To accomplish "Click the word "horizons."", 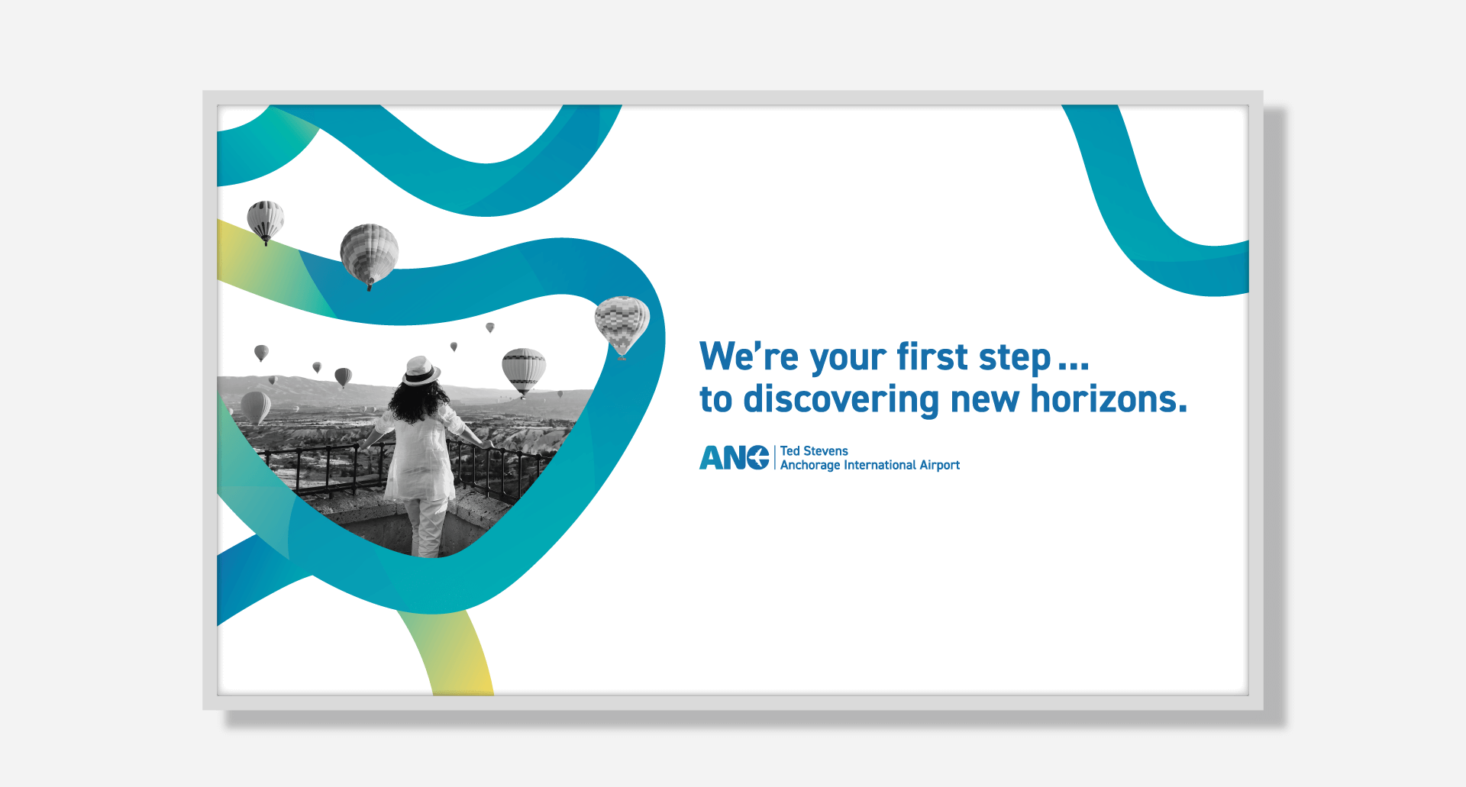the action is tap(1109, 398).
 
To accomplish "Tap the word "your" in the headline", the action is tap(848, 360).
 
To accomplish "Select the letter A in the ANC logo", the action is tap(711, 458).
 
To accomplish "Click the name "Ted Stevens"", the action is tap(814, 451).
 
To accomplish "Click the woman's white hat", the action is tap(421, 370).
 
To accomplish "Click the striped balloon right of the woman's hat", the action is tap(524, 372).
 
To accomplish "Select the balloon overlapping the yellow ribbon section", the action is tap(266, 221).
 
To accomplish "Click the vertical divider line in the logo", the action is tap(775, 458).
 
